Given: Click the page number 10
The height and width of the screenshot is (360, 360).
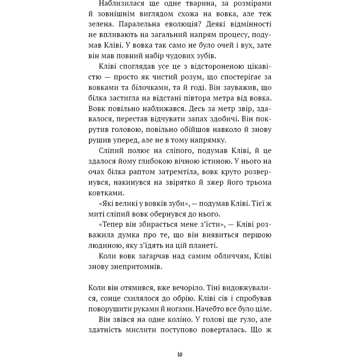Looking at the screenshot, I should (180, 354).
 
